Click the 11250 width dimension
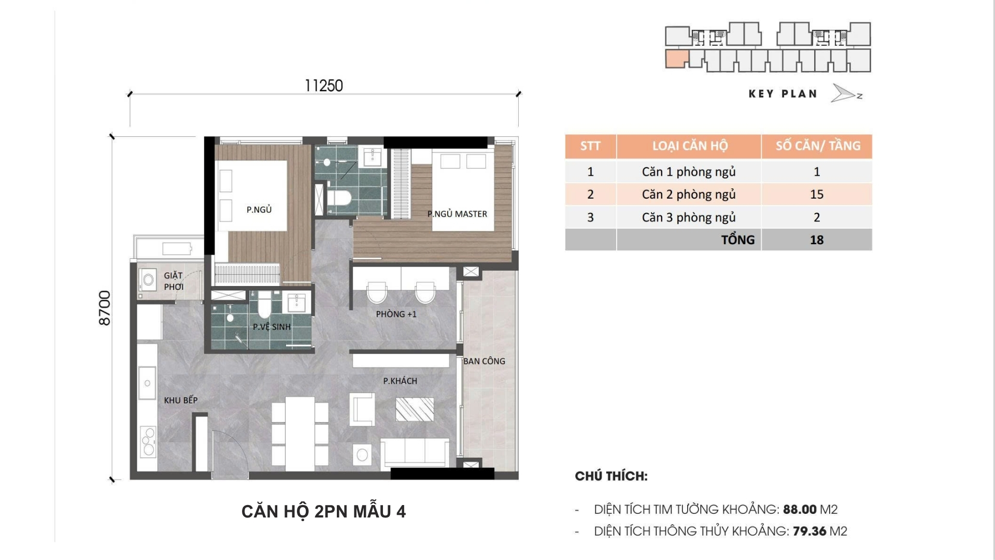click(x=324, y=86)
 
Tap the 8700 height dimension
click(x=105, y=308)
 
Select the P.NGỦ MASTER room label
click(x=457, y=214)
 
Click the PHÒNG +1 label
click(x=396, y=314)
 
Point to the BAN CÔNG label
click(x=484, y=361)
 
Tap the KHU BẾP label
click(x=181, y=400)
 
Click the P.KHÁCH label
click(x=400, y=381)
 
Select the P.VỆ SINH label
click(x=272, y=327)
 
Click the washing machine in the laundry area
click(x=148, y=281)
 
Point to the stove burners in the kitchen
click(x=148, y=442)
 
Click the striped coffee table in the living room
click(x=415, y=409)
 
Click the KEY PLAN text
click(x=783, y=94)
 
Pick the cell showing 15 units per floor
click(x=817, y=194)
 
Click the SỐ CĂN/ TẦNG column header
click(x=818, y=146)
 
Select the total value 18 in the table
click(x=817, y=240)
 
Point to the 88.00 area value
click(x=799, y=510)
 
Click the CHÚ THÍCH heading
click(x=611, y=476)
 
